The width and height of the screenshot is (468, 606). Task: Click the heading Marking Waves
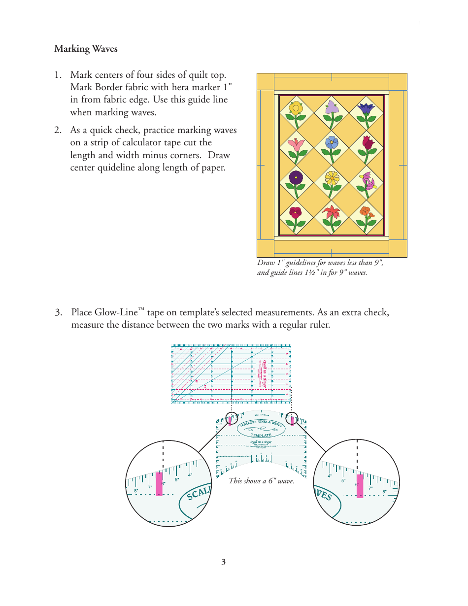86,49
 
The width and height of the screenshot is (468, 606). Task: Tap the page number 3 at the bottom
223,562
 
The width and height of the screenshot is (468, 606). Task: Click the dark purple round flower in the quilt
296,177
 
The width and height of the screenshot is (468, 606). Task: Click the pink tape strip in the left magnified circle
159,484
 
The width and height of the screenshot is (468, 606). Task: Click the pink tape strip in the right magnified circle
360,486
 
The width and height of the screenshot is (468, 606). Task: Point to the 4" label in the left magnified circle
190,475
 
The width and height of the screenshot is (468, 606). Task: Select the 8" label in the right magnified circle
385,492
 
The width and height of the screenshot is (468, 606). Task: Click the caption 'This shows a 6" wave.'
261,481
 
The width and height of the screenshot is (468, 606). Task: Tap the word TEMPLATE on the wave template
261,436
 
